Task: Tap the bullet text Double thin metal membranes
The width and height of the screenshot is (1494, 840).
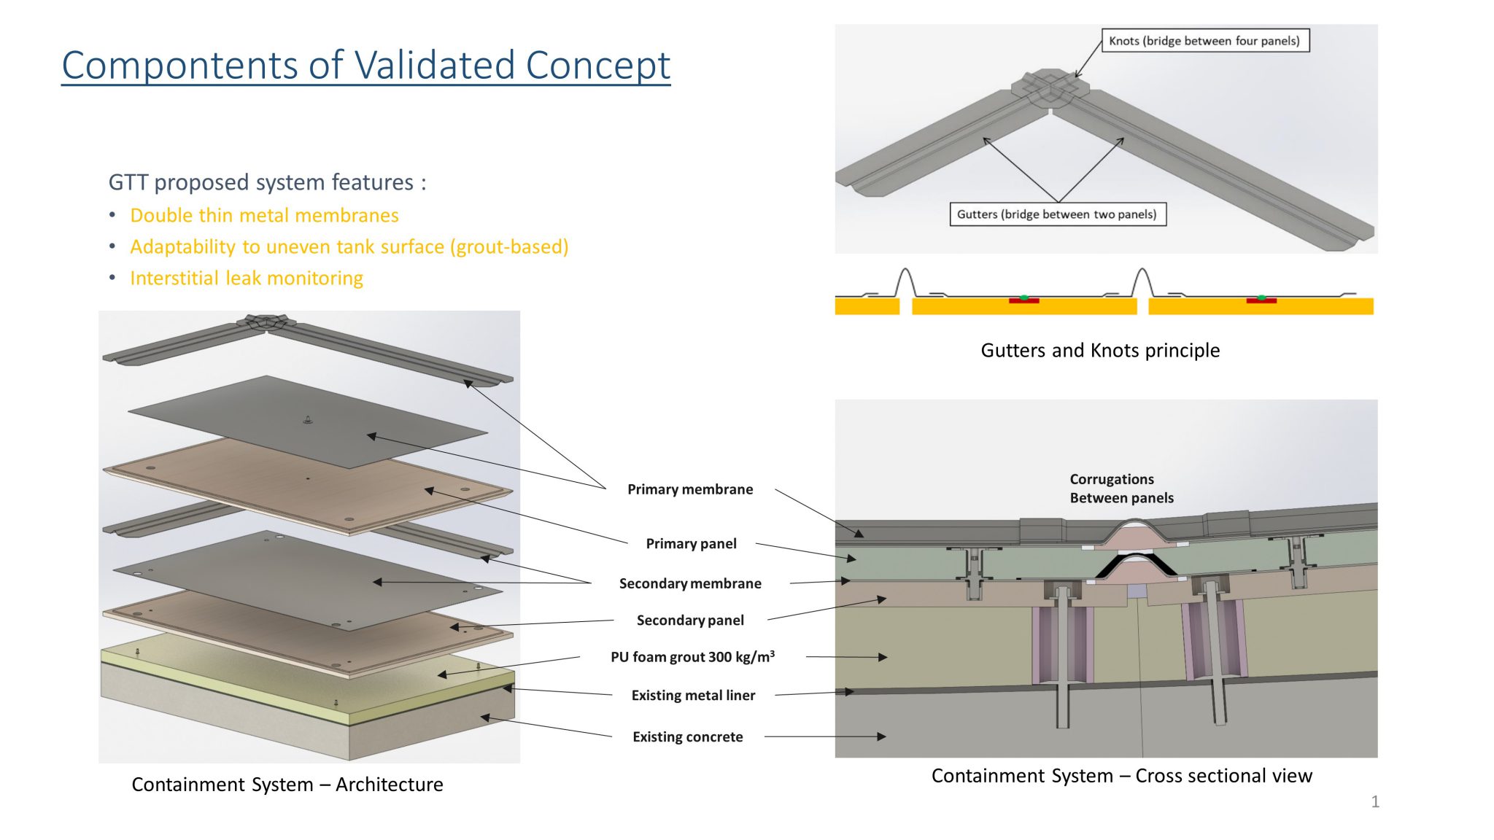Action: (x=264, y=216)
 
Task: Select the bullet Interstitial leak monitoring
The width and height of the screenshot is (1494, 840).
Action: (x=246, y=279)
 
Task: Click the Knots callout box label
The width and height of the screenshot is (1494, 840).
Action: (x=1204, y=41)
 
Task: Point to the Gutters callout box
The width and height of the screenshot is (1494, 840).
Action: (x=1056, y=214)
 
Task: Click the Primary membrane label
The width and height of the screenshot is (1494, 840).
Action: (x=690, y=489)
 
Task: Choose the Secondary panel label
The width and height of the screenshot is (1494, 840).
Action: (x=690, y=621)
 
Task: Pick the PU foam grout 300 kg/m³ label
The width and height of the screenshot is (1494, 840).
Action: (x=692, y=657)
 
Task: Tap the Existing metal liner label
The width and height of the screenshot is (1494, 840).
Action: (x=693, y=696)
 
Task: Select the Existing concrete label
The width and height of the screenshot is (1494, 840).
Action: (x=687, y=737)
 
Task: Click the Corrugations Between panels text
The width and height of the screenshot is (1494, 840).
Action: (x=1121, y=489)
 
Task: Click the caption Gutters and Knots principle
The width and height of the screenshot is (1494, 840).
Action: (x=1099, y=351)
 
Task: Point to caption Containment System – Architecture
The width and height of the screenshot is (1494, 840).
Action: (x=287, y=785)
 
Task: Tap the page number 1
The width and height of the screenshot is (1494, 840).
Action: (x=1375, y=802)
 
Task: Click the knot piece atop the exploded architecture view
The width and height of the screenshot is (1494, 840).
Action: (x=266, y=322)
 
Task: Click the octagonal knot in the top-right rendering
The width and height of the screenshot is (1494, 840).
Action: (x=1050, y=86)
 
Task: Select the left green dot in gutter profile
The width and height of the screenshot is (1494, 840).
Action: (x=1024, y=297)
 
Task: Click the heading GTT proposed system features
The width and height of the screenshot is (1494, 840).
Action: (x=267, y=182)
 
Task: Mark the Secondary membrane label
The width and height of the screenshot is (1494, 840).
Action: (x=690, y=584)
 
